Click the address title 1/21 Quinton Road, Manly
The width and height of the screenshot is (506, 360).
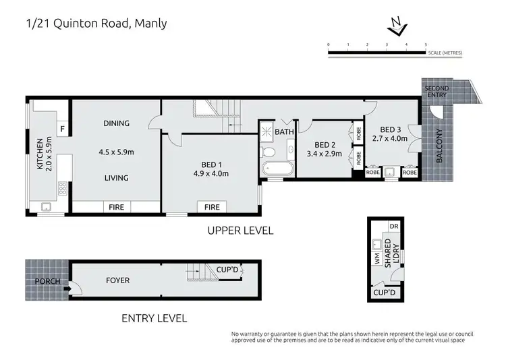point(96,24)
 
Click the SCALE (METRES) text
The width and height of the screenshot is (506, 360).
point(445,53)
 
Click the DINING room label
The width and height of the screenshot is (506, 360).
point(117,123)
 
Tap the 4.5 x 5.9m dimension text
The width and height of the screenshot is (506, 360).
point(117,152)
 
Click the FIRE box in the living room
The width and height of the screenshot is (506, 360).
point(117,208)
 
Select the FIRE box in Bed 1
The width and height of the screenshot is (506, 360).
point(212,208)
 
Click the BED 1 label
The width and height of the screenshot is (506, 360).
point(212,164)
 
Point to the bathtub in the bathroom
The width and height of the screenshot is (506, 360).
point(275,169)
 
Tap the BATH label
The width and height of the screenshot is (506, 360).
point(284,132)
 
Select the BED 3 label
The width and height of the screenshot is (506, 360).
point(391,129)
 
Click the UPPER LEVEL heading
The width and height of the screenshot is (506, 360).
point(241,231)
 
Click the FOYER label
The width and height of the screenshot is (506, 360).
point(117,280)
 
